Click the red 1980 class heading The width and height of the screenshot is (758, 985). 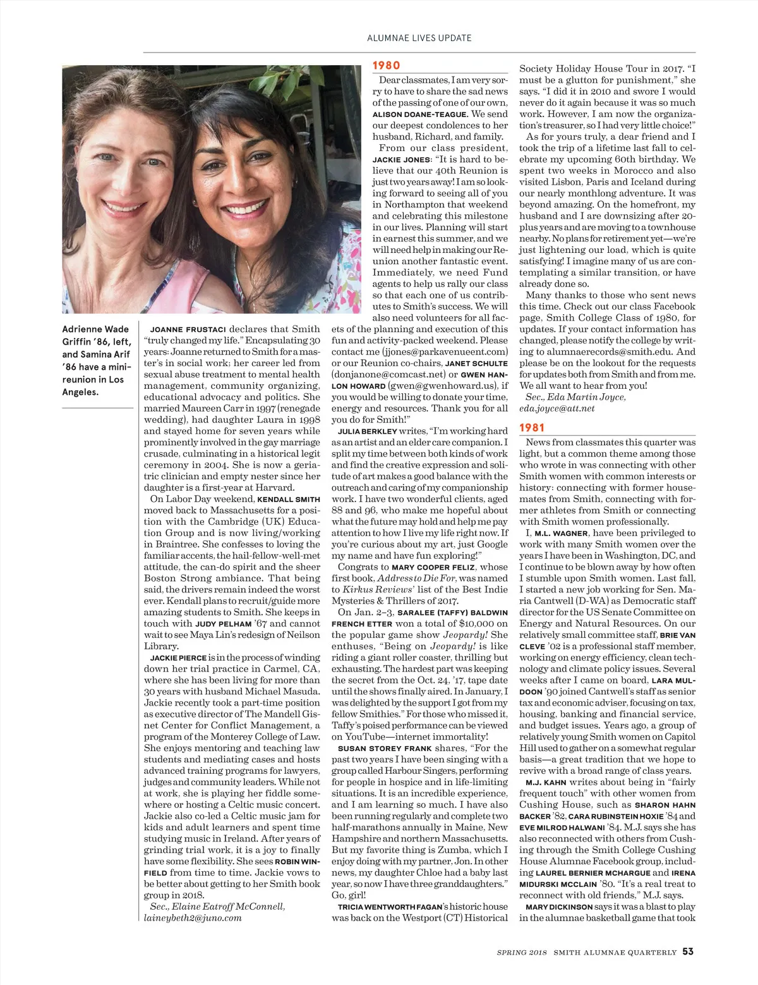386,65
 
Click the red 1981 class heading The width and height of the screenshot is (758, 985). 532,428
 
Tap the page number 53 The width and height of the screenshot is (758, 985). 688,951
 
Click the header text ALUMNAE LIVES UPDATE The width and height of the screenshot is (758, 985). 419,38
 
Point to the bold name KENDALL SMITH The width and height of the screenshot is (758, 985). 289,499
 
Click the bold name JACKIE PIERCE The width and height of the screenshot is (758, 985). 178,658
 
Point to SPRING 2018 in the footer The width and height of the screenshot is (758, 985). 522,952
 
